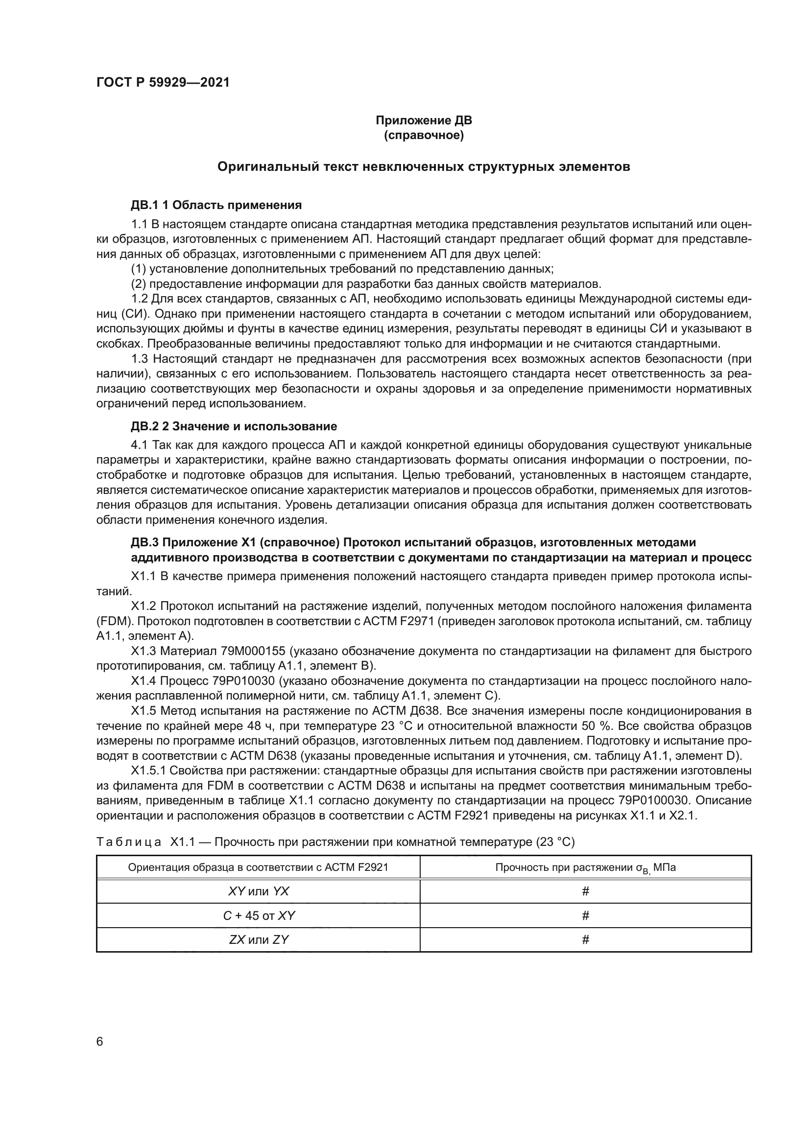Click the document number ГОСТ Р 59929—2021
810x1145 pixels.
tap(163, 83)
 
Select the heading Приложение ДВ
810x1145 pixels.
tap(424, 120)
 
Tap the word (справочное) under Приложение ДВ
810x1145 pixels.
tap(424, 135)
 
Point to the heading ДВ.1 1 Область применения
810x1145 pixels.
tap(216, 205)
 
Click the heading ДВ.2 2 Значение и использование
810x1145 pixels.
tap(234, 426)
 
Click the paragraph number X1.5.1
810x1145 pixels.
tap(147, 771)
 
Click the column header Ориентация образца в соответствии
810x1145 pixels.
tap(258, 867)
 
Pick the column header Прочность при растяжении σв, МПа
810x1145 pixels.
tap(585, 867)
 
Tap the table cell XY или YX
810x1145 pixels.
tap(258, 891)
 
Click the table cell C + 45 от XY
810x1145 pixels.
tap(258, 915)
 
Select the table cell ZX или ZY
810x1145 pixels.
tap(258, 939)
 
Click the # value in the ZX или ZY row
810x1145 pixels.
tap(586, 939)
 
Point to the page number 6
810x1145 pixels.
tap(100, 1042)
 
